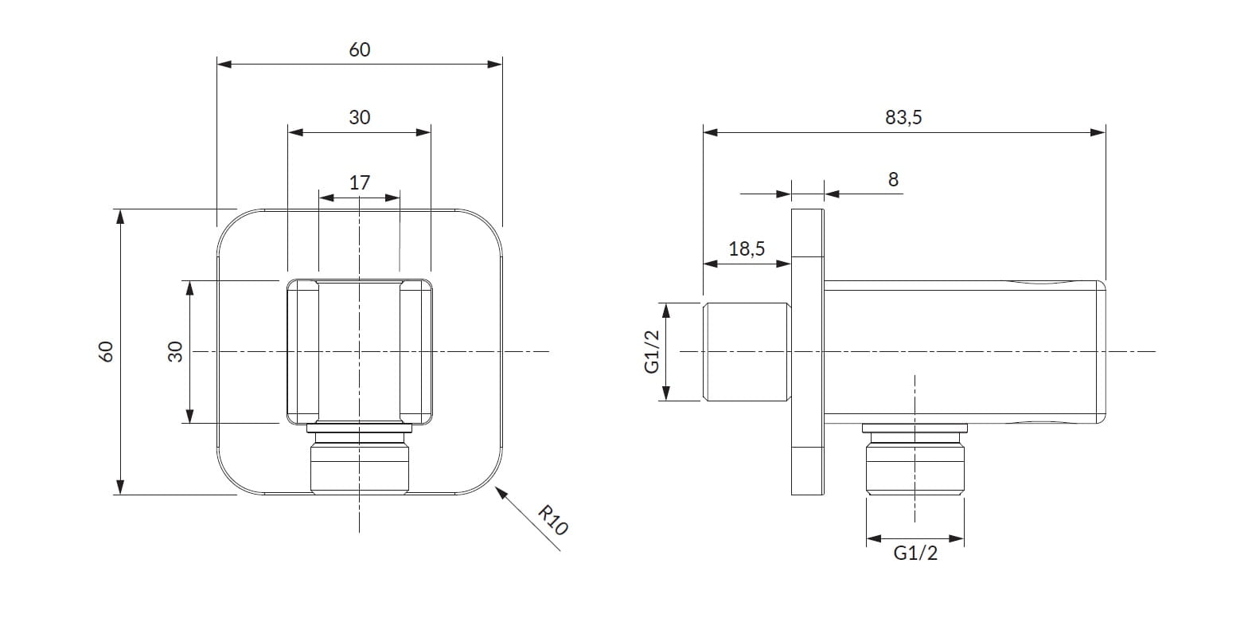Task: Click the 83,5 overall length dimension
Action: pos(903,118)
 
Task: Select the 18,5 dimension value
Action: pos(747,248)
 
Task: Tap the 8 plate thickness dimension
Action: pos(893,180)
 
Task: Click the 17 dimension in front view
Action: pos(360,182)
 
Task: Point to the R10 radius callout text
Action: pos(552,519)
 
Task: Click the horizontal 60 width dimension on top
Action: pos(360,49)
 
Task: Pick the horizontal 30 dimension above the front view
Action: pos(360,117)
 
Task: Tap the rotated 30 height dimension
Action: pos(176,351)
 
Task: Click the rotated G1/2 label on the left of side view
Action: pos(652,351)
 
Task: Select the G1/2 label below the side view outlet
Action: pos(915,554)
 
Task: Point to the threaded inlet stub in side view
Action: pos(747,351)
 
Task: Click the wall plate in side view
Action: pos(808,351)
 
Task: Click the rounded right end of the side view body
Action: pos(1101,351)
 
